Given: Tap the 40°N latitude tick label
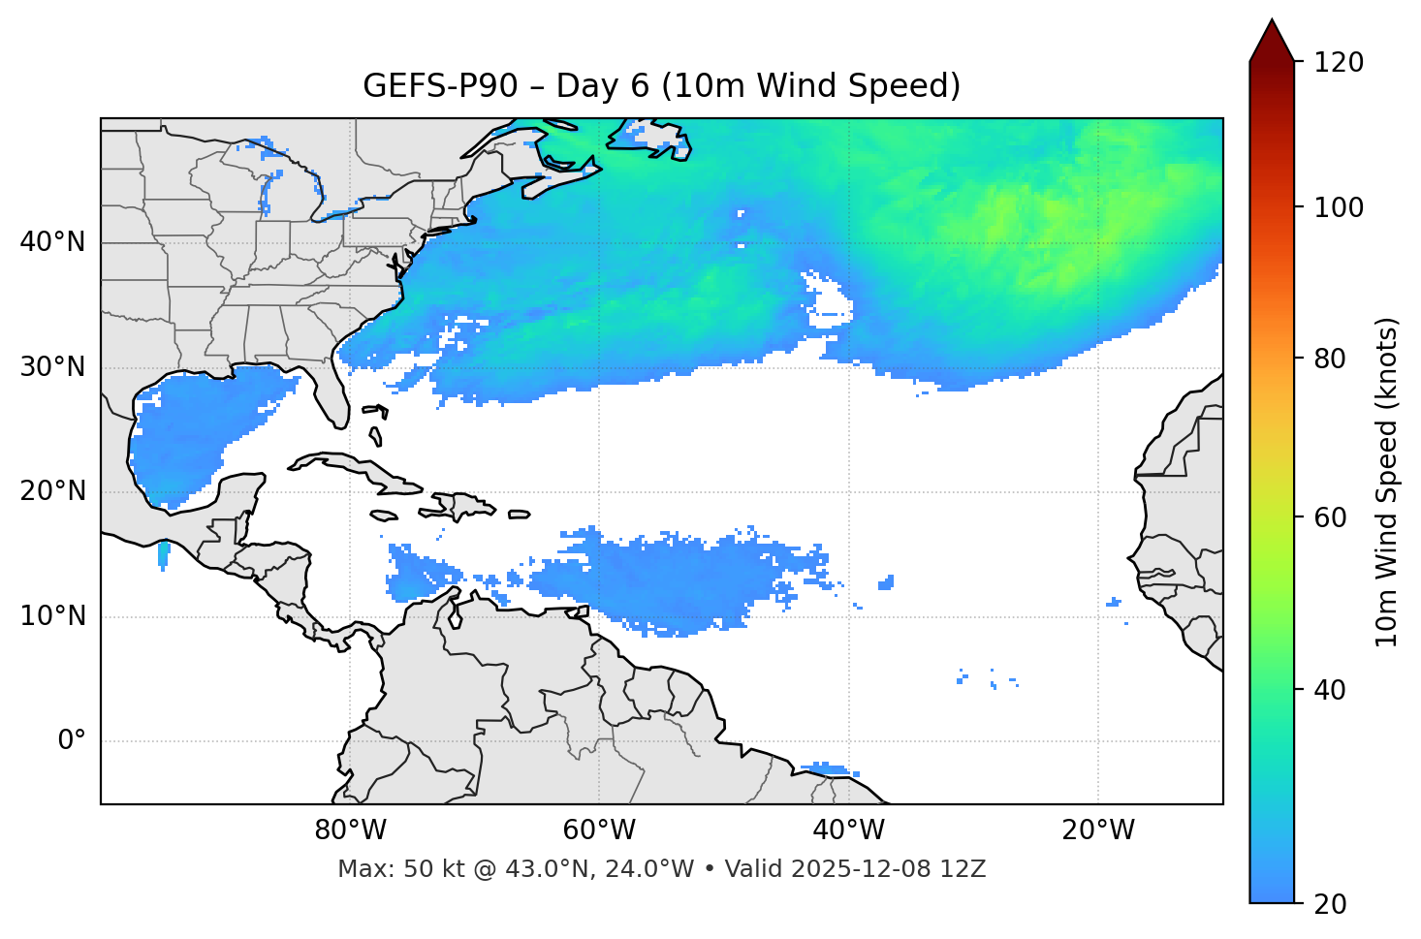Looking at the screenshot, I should pyautogui.click(x=52, y=242).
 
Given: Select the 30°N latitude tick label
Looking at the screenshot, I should pyautogui.click(x=52, y=367).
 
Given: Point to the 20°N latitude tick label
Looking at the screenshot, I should pyautogui.click(x=52, y=491).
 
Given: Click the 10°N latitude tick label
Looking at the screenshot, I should pyautogui.click(x=52, y=616).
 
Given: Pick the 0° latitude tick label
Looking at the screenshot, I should pyautogui.click(x=72, y=741).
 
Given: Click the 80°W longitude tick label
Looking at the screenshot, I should pyautogui.click(x=350, y=830).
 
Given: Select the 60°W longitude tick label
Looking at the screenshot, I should pyautogui.click(x=599, y=830).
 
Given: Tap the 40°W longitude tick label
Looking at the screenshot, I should pyautogui.click(x=848, y=830).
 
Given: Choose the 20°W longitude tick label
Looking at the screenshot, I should pyautogui.click(x=1097, y=830).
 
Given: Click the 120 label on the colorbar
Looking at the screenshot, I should pyautogui.click(x=1339, y=63).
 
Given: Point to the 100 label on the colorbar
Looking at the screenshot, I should pyautogui.click(x=1339, y=207).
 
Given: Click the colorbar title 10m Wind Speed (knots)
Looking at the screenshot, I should pyautogui.click(x=1387, y=482).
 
